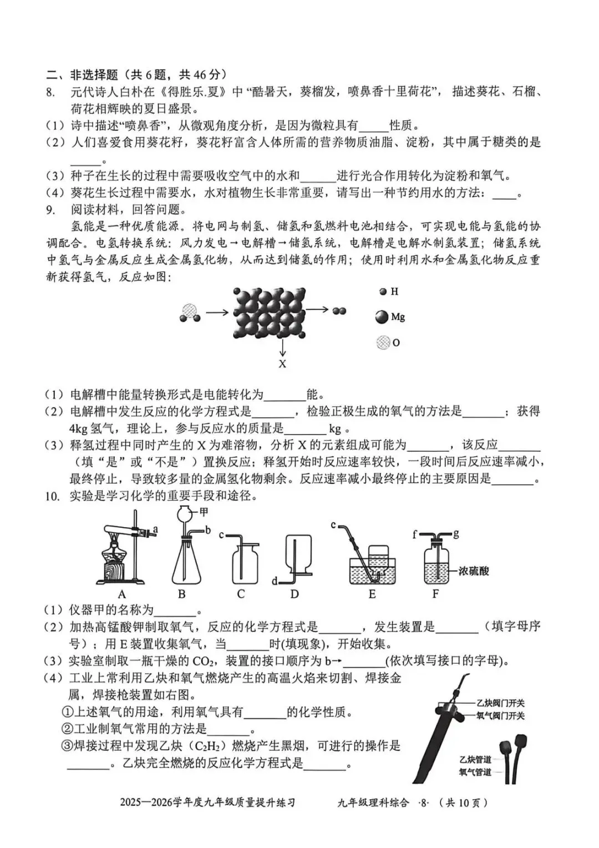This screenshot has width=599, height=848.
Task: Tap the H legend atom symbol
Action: pos(383,291)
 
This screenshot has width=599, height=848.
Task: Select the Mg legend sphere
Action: pos(382,317)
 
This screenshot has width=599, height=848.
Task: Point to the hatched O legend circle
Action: pos(383,342)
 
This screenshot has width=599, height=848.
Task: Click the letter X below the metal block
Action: pos(282,364)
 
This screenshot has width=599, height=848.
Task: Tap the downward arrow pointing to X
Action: pos(282,347)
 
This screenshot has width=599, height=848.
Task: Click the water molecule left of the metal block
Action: pos(190,312)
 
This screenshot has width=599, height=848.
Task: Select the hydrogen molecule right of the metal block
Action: pos(339,311)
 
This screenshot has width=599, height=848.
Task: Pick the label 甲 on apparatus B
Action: pos(204,512)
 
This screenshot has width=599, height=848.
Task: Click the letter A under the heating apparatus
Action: pos(122,594)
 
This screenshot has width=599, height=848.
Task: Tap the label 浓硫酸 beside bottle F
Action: pos(474,571)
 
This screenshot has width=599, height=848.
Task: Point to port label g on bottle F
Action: pos(456,534)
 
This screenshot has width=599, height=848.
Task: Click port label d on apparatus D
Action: pos(275,581)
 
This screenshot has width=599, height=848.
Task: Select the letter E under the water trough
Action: pos(372,594)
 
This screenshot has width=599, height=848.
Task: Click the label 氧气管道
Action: pos(475,772)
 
